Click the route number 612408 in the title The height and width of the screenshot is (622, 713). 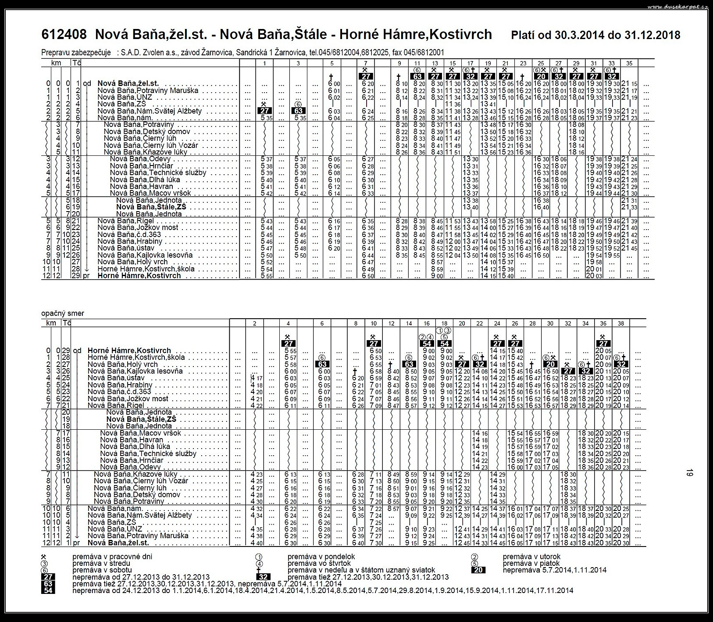(x=64, y=34)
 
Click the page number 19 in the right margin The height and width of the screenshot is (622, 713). (x=690, y=473)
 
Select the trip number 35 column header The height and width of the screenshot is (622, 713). (x=629, y=63)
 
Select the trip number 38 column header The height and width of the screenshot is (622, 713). (x=620, y=324)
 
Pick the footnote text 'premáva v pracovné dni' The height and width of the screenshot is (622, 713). (x=112, y=557)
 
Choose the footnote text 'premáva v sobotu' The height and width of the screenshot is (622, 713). (x=101, y=570)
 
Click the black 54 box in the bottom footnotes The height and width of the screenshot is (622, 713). (x=48, y=590)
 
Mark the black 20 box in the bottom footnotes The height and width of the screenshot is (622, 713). (x=478, y=570)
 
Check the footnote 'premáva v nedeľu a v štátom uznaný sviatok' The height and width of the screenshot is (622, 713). (x=361, y=570)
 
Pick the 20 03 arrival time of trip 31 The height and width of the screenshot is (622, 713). (x=594, y=276)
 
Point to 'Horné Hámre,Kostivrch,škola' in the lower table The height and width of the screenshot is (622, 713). (x=136, y=357)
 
